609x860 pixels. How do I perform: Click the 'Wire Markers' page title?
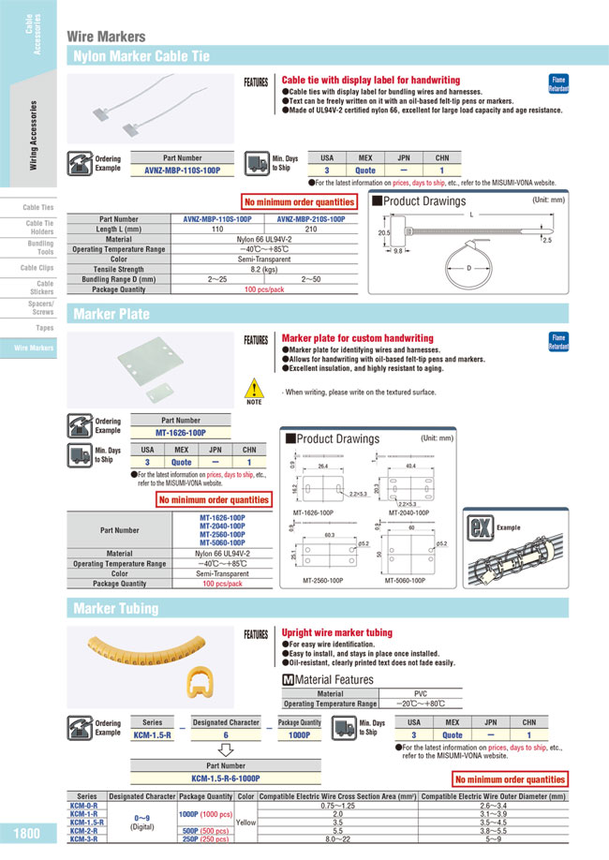(x=105, y=37)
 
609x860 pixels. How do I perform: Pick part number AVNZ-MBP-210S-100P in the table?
(x=312, y=218)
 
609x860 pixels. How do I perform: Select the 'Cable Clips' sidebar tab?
(x=38, y=267)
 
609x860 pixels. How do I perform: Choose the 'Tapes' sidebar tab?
(x=44, y=328)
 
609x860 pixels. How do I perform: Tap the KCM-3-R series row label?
(x=85, y=839)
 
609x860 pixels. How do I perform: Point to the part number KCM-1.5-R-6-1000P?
(x=225, y=778)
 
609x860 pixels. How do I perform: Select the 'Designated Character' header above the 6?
(x=225, y=722)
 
